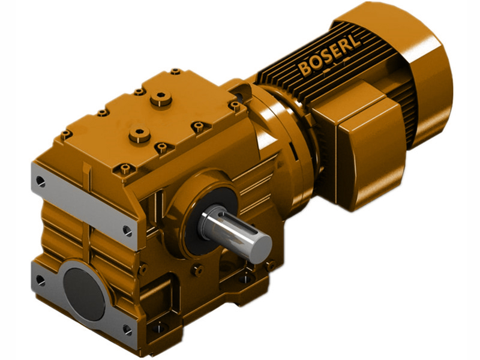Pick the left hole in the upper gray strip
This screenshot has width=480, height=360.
tap(40, 179)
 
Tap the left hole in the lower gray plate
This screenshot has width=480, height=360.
tap(40, 280)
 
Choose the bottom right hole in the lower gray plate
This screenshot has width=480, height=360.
tap(127, 329)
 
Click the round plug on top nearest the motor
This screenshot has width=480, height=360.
tap(161, 98)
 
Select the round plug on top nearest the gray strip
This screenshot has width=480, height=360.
tap(139, 133)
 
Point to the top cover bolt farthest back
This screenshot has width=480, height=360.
tap(175, 72)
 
